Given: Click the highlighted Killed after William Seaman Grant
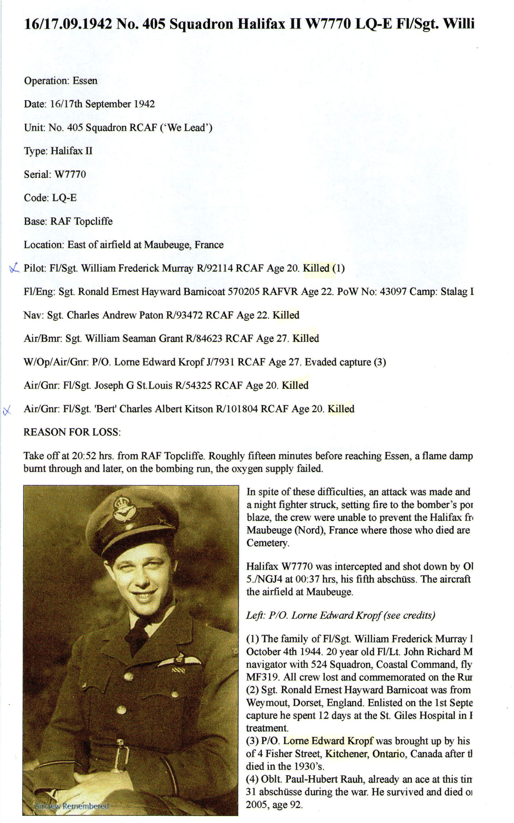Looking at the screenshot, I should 306,339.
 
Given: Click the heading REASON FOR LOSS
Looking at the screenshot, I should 72,432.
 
